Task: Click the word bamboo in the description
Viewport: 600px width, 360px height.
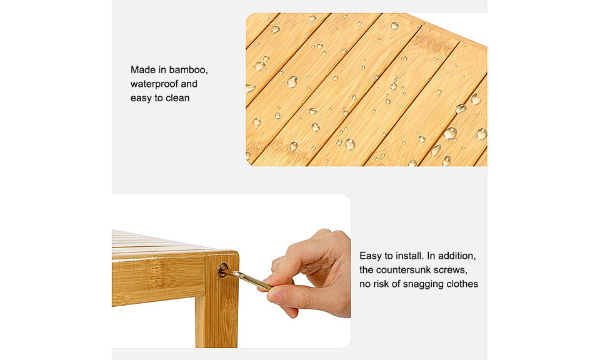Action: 188,70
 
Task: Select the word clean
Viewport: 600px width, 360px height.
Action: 177,98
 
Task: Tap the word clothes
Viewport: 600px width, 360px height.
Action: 460,284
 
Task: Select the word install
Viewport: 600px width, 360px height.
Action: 409,256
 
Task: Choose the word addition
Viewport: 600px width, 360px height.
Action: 457,256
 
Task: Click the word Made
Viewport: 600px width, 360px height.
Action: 142,69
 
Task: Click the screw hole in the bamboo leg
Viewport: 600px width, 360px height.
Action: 222,270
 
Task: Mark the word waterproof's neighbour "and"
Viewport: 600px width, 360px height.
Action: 189,84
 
